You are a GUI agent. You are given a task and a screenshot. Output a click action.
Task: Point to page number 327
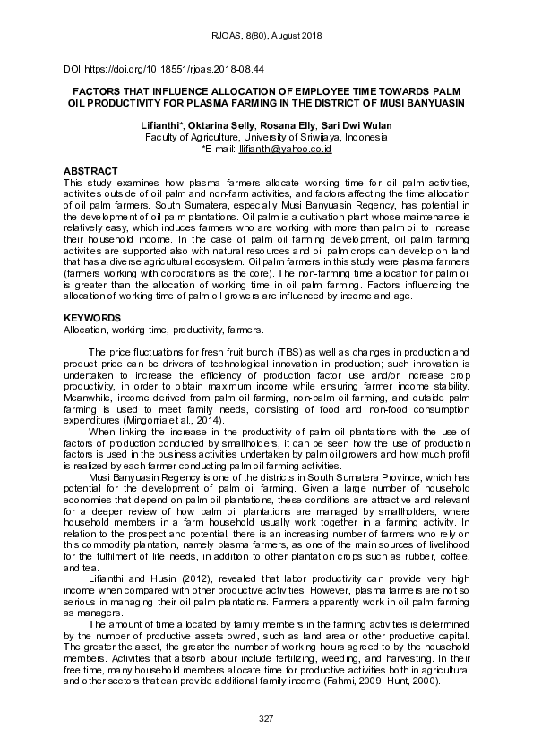coord(266,719)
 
